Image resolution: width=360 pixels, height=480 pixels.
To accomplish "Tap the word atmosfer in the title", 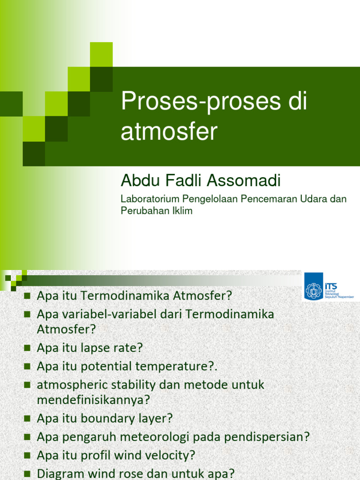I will pos(169,132).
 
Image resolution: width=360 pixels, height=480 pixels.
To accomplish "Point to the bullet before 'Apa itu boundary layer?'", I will pos(27,418).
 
